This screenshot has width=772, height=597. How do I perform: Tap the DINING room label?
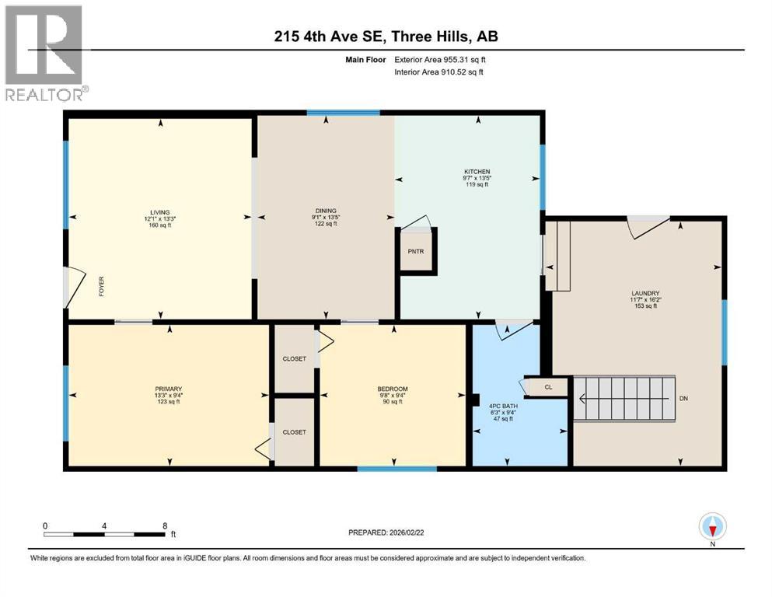tap(325, 211)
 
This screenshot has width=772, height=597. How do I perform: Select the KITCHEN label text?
tap(477, 172)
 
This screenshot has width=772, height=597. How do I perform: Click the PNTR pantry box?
tap(416, 252)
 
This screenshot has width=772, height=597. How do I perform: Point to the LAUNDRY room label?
tap(644, 294)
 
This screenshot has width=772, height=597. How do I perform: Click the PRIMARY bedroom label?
tap(168, 389)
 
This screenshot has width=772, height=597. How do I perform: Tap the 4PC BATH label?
tap(501, 406)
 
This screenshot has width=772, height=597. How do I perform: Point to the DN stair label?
tap(683, 399)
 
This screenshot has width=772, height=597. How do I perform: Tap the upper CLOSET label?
tap(294, 358)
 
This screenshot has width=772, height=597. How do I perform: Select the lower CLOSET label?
tap(294, 431)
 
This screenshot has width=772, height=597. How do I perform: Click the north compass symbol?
tap(713, 528)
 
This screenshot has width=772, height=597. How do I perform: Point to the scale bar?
tap(105, 533)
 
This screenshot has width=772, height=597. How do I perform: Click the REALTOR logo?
tap(44, 53)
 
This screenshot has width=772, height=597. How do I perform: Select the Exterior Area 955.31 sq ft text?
tap(442, 59)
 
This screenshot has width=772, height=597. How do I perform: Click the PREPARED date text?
tap(389, 532)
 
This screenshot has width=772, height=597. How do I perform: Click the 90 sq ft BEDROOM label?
tap(393, 395)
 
